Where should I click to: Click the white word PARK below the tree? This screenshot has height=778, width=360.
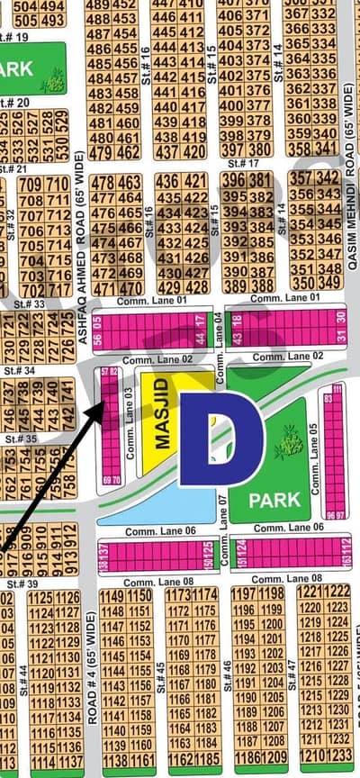point(268,497)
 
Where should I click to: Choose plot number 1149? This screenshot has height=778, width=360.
point(112,596)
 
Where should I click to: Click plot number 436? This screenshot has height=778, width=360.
point(166,181)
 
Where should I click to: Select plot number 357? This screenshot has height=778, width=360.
point(301,177)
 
